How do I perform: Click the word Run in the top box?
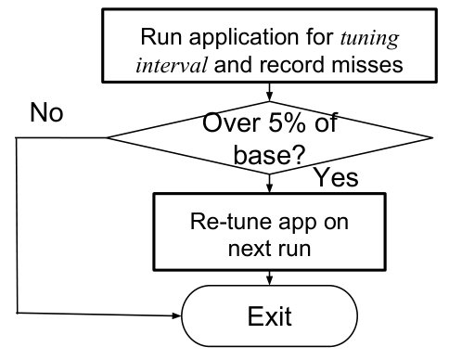pyautogui.click(x=160, y=36)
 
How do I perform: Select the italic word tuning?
pyautogui.click(x=369, y=39)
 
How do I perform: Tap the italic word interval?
pyautogui.click(x=172, y=65)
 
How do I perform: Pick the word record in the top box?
pyautogui.click(x=292, y=65)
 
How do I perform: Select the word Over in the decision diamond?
pyautogui.click(x=231, y=122)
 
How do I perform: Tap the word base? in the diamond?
pyautogui.click(x=269, y=154)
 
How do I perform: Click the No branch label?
pyautogui.click(x=46, y=112)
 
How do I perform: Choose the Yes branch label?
pyautogui.click(x=336, y=177)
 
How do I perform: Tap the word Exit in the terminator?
pyautogui.click(x=269, y=316)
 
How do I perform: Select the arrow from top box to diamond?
pyautogui.click(x=270, y=92)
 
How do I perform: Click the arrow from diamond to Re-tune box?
pyautogui.click(x=270, y=183)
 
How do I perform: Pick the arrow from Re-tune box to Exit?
pyautogui.click(x=270, y=277)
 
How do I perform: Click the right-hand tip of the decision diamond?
pyautogui.click(x=432, y=137)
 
